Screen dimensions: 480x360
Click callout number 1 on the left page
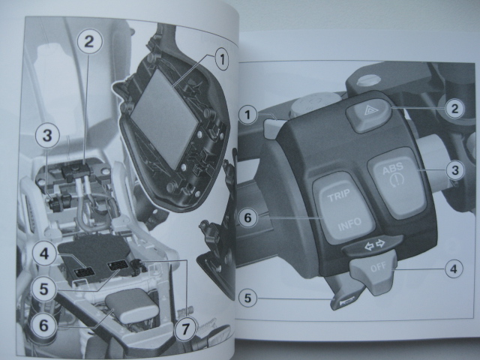pos(222,59)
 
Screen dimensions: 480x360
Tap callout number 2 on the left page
pos(88,42)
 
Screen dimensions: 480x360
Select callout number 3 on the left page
pos(47,136)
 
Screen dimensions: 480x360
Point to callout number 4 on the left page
pos(44,253)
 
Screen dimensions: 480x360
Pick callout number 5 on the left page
pos(44,289)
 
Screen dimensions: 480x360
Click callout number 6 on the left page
pos(44,325)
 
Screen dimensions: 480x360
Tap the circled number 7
pos(185,329)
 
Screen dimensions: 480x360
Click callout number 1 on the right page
pos(247,115)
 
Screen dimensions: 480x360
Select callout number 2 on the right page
pos(455,109)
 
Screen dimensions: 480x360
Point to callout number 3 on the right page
pos(455,170)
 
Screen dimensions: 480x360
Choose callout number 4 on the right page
pos(454,268)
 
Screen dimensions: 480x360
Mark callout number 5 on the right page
pos(247,298)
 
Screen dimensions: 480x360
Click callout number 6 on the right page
pos(247,217)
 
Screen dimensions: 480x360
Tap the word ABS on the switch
pos(393,169)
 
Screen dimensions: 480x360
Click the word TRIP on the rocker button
pos(339,195)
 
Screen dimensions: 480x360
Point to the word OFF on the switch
pos(378,267)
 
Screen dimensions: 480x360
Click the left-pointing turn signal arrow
pos(369,246)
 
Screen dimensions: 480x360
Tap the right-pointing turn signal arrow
pos(380,244)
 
